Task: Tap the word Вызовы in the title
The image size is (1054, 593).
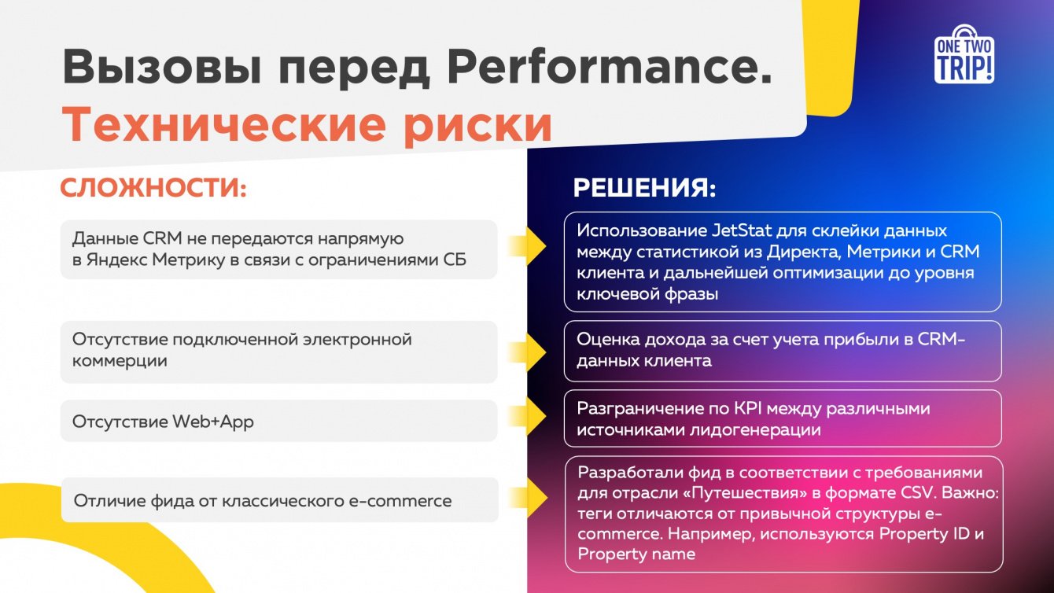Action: pyautogui.click(x=162, y=68)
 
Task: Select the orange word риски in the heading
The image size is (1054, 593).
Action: pyautogui.click(x=478, y=126)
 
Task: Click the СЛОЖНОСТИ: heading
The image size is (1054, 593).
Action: pyautogui.click(x=153, y=188)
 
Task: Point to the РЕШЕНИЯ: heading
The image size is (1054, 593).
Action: pyautogui.click(x=645, y=188)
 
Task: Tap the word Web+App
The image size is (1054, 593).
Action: pyautogui.click(x=212, y=422)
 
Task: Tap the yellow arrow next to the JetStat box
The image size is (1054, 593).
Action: pyautogui.click(x=528, y=247)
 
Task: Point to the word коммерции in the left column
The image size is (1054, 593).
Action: pyautogui.click(x=120, y=361)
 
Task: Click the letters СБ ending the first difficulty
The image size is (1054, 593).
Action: pyautogui.click(x=455, y=260)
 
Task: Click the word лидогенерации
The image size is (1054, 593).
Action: pyautogui.click(x=755, y=429)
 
